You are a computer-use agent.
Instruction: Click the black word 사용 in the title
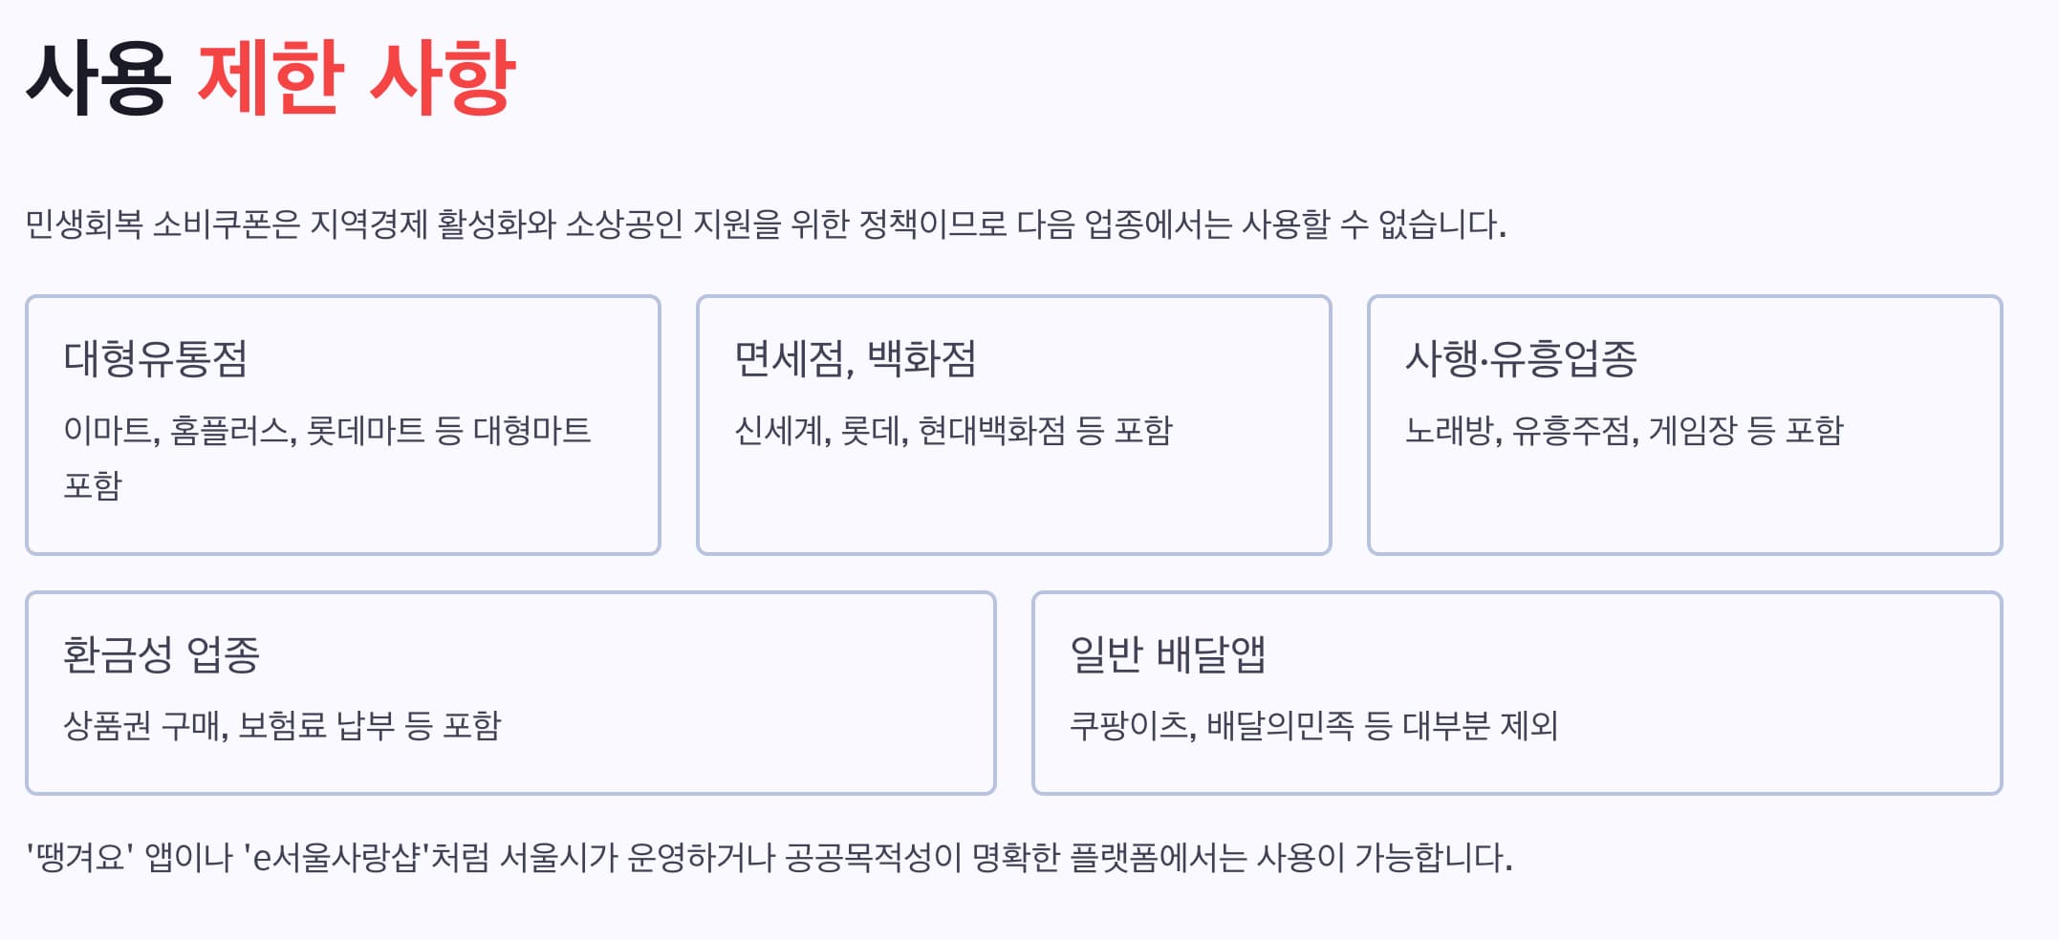98,78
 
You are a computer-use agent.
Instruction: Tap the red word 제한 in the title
271,78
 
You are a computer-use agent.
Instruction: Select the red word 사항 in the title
443,78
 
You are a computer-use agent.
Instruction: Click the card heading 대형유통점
156,359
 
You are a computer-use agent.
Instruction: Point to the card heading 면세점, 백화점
855,359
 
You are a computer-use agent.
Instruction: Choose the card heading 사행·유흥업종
1521,359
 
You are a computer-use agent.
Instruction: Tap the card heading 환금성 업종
162,655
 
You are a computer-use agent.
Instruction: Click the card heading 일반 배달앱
1167,655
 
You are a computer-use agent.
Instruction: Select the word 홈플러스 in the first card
231,431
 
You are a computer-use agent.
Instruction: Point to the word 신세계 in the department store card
780,431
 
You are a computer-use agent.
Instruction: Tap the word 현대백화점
991,431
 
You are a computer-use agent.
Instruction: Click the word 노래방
1450,431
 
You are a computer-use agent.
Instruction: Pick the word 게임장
1692,431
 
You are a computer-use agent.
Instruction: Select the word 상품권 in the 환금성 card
107,726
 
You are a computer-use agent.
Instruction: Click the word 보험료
282,726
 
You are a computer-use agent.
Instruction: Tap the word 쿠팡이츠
1130,726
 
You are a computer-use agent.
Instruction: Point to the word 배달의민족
1280,726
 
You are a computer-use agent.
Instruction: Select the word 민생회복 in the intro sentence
84,224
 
